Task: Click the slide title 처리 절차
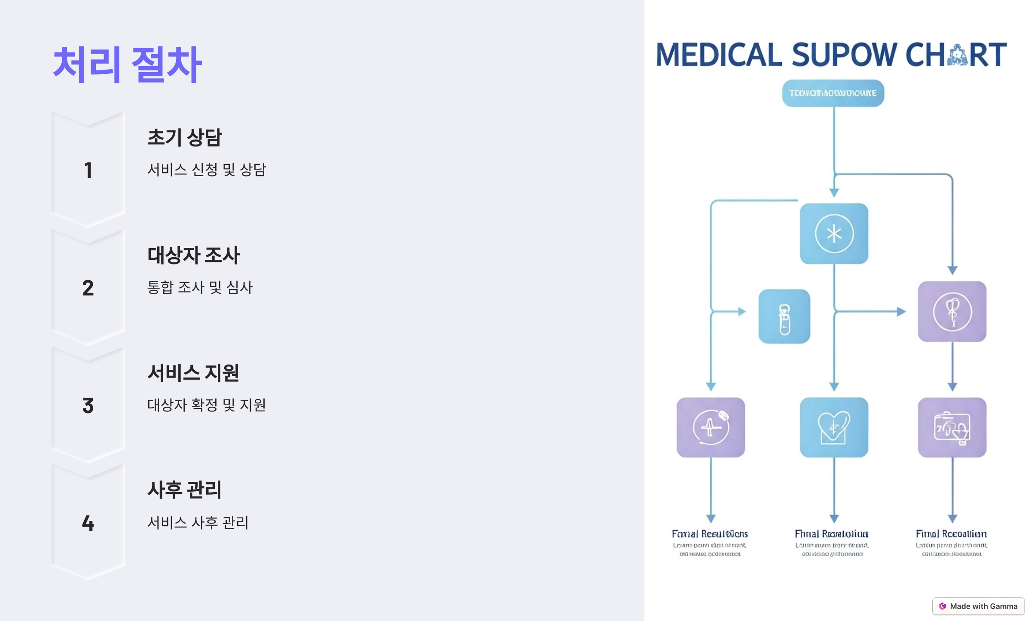tap(127, 64)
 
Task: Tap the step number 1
tap(88, 170)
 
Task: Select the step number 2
tap(88, 288)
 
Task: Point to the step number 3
tap(88, 405)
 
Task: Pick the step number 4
tap(88, 523)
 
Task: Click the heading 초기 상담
tap(184, 138)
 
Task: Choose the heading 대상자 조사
tap(193, 256)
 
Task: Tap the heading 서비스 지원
tap(193, 373)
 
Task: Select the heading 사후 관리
tap(184, 490)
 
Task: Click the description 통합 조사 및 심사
tap(200, 287)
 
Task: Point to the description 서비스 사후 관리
tap(198, 523)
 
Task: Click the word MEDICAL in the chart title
tap(719, 55)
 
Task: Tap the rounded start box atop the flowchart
tap(833, 93)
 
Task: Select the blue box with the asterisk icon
tap(834, 234)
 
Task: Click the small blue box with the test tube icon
tap(784, 317)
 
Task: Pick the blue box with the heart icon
tap(834, 427)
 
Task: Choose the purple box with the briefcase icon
tap(952, 427)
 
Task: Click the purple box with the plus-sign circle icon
tap(711, 427)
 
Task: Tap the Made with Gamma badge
tap(978, 606)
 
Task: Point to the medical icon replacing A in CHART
tap(957, 55)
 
